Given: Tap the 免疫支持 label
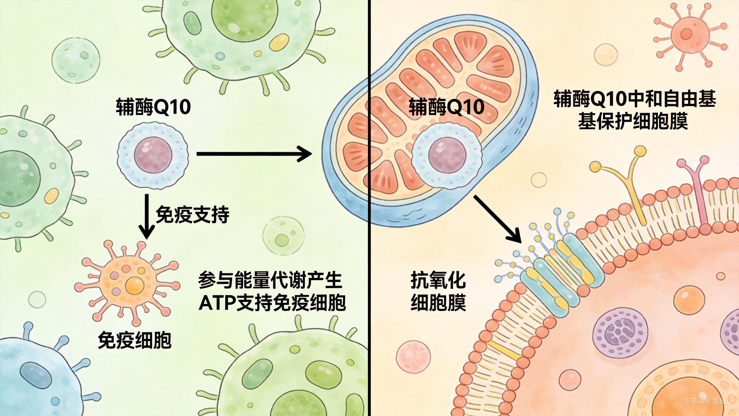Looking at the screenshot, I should point(192,214).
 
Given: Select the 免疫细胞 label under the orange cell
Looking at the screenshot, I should point(135,340).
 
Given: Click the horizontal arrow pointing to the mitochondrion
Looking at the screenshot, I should point(254,154).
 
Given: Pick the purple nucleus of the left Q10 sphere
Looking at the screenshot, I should point(153,155).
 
